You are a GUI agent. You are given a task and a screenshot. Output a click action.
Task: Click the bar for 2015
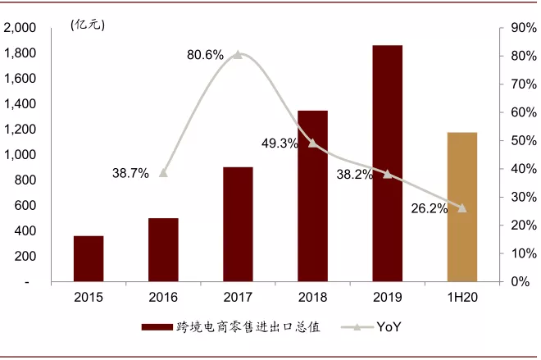[x=89, y=258]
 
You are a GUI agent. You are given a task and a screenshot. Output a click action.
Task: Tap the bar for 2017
[x=238, y=224]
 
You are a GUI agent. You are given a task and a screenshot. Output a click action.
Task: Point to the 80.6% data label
[x=205, y=55]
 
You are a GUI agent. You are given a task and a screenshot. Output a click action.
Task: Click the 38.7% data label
[x=130, y=173]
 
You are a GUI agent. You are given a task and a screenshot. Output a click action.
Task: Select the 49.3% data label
[x=280, y=144]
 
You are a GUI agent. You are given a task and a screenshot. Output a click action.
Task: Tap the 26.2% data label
[x=430, y=208]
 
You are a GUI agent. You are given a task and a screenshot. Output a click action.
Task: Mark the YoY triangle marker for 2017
[x=238, y=55]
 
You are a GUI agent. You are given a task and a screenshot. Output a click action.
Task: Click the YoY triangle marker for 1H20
[x=462, y=208]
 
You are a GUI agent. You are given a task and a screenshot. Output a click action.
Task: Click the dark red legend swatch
[x=155, y=327]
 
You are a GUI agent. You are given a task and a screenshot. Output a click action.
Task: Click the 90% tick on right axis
[x=524, y=28]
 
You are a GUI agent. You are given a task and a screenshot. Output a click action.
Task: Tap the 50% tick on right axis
[x=524, y=140]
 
